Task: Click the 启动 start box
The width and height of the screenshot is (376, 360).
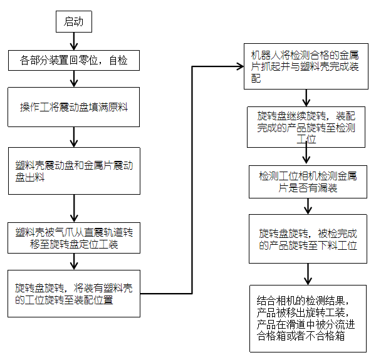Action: pyautogui.click(x=75, y=22)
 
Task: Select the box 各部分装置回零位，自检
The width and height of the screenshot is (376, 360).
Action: pyautogui.click(x=74, y=61)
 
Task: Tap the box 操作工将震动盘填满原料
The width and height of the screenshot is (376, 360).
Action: pyautogui.click(x=74, y=107)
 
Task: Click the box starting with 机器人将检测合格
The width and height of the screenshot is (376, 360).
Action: pyautogui.click(x=305, y=66)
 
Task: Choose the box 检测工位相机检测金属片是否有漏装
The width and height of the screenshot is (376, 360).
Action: pyautogui.click(x=305, y=182)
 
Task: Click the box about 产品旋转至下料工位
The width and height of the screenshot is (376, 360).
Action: pyautogui.click(x=305, y=239)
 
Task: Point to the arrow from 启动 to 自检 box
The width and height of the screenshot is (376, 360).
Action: pyautogui.click(x=75, y=41)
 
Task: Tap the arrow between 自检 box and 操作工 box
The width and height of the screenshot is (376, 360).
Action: pyautogui.click(x=75, y=78)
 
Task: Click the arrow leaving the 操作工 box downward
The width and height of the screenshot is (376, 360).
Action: pyautogui.click(x=75, y=136)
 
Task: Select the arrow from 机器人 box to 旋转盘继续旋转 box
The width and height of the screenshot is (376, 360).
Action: pyautogui.click(x=305, y=98)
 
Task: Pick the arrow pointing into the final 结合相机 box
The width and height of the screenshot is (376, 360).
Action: pyautogui.click(x=305, y=274)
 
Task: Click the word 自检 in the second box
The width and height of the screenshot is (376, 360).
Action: pyautogui.click(x=117, y=61)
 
